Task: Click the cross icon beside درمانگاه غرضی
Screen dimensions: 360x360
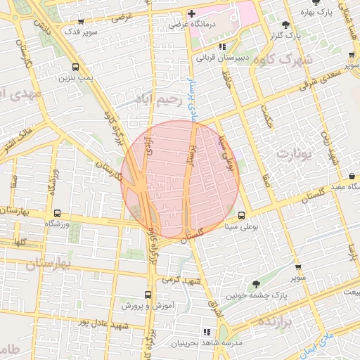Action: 191,13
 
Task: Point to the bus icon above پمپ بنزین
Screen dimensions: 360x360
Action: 75,68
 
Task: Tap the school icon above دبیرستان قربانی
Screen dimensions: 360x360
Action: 223,46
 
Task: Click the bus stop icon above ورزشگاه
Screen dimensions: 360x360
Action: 58,213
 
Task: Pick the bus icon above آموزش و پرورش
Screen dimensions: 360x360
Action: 148,295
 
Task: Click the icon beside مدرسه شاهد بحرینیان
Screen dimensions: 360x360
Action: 206,331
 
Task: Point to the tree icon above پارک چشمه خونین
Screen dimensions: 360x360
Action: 256,285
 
